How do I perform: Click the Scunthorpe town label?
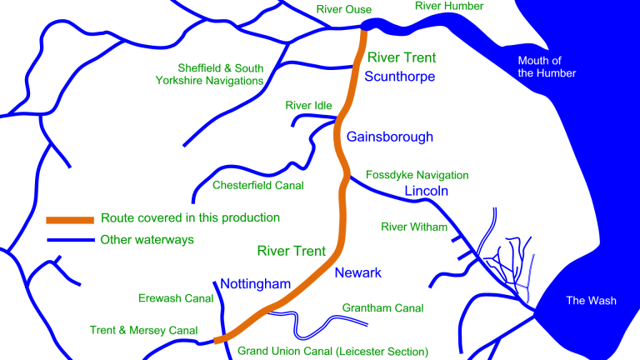point(400,77)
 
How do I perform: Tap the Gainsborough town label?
point(390,137)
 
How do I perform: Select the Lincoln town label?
point(427,192)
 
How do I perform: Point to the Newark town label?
point(357,273)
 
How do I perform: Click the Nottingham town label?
point(255,284)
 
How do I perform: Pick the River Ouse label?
point(344,9)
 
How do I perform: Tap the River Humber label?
point(449,7)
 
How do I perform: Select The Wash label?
point(592,301)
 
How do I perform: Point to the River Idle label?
point(308,106)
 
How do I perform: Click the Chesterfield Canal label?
point(258,185)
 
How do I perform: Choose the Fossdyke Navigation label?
point(417,175)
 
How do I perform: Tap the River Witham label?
point(414,227)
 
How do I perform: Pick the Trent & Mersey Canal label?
point(144,331)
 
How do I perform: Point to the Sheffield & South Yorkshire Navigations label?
point(221,74)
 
